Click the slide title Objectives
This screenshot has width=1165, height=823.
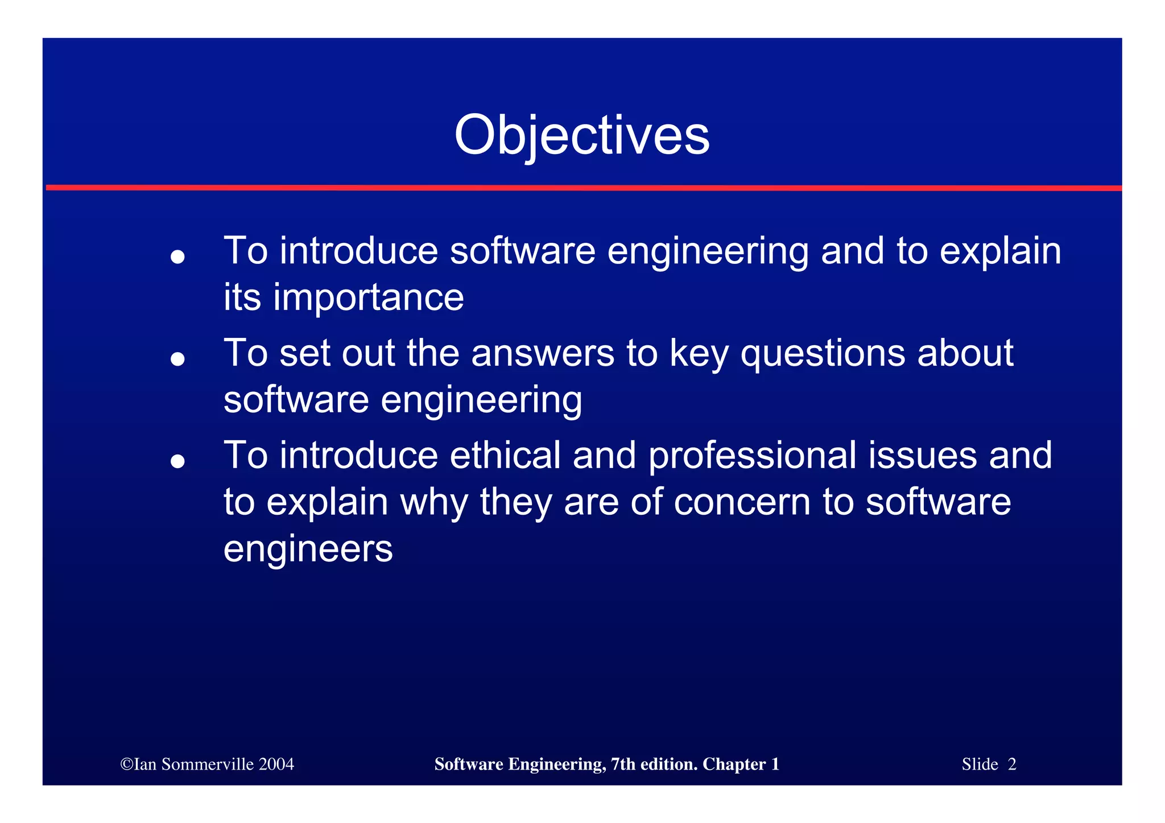pyautogui.click(x=581, y=135)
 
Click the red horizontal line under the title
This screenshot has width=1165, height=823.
pyautogui.click(x=582, y=188)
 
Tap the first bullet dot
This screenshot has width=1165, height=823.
pyautogui.click(x=178, y=257)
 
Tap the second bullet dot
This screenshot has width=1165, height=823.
pyautogui.click(x=178, y=359)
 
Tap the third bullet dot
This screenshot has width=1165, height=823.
pyautogui.click(x=178, y=461)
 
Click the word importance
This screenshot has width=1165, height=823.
pyautogui.click(x=368, y=298)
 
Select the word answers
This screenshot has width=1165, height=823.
pyautogui.click(x=543, y=353)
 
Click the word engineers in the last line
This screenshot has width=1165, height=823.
pyautogui.click(x=308, y=550)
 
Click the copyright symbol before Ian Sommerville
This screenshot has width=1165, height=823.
pyautogui.click(x=126, y=764)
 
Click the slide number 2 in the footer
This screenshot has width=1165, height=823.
pyautogui.click(x=1012, y=764)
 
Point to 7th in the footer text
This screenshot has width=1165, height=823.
pyautogui.click(x=623, y=764)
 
